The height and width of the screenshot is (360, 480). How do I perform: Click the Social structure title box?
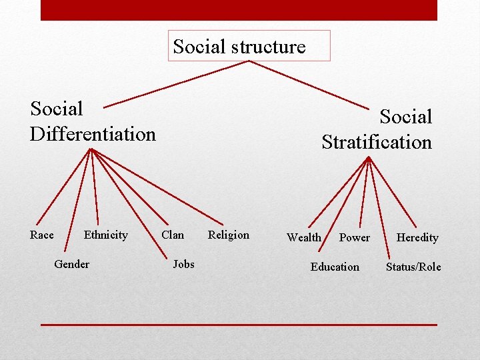pos(249,46)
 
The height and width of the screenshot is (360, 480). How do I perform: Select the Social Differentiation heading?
pos(93,121)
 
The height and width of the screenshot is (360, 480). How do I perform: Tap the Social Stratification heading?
pos(377,129)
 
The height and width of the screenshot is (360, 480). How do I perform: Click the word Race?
pos(42,235)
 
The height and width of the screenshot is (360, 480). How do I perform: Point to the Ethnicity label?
pos(105,235)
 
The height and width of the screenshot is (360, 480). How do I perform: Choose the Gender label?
pos(71,264)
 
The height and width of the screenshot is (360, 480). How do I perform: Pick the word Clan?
pos(173,235)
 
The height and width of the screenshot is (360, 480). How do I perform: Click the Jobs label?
pos(183,264)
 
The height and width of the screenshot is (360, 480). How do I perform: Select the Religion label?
pos(228,235)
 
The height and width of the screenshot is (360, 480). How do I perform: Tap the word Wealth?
pos(304,237)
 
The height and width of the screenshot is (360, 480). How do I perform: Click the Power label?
pos(354,237)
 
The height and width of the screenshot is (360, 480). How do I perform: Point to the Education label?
pos(335,267)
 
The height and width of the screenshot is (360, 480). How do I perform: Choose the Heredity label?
pos(417,237)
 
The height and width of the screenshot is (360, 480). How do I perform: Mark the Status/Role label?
pos(413,267)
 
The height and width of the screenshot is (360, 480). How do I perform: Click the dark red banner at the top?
pos(239,10)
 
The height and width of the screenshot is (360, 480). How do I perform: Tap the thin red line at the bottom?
pos(239,325)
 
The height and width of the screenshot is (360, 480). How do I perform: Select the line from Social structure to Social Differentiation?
pos(177,83)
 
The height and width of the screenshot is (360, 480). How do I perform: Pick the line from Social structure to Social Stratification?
pos(309,85)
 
